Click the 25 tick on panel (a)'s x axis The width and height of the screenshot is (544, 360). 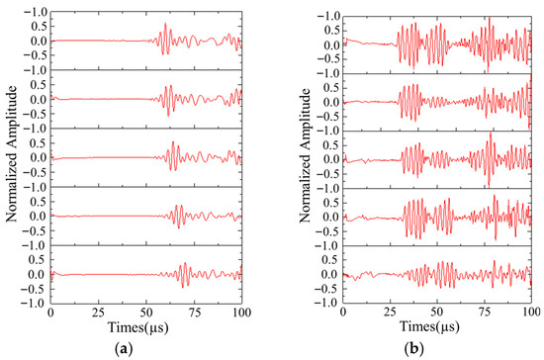point(99,313)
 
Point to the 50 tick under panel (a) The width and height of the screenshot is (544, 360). point(146,313)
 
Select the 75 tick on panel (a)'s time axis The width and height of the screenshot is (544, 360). point(194,313)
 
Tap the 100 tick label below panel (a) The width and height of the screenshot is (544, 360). point(241,313)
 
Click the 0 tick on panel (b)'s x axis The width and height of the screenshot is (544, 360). point(343,312)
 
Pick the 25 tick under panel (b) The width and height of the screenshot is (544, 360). point(391,312)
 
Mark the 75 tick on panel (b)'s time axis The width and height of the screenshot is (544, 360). point(485,312)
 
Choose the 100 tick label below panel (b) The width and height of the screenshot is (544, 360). point(531,312)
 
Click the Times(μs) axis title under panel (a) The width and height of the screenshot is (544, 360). point(138,327)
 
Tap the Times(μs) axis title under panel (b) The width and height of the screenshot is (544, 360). point(429,327)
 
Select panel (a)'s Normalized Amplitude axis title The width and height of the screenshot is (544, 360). point(11,153)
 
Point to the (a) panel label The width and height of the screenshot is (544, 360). point(124,348)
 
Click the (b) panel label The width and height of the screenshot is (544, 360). point(414,348)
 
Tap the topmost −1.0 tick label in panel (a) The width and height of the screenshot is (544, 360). point(36,13)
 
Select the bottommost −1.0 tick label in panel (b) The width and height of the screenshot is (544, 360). point(327,303)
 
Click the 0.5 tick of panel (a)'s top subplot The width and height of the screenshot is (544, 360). point(39,27)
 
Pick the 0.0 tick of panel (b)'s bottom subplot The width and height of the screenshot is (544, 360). point(331,274)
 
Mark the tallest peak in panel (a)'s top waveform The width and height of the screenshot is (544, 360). point(165,23)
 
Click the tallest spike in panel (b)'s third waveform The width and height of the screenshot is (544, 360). point(491,134)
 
